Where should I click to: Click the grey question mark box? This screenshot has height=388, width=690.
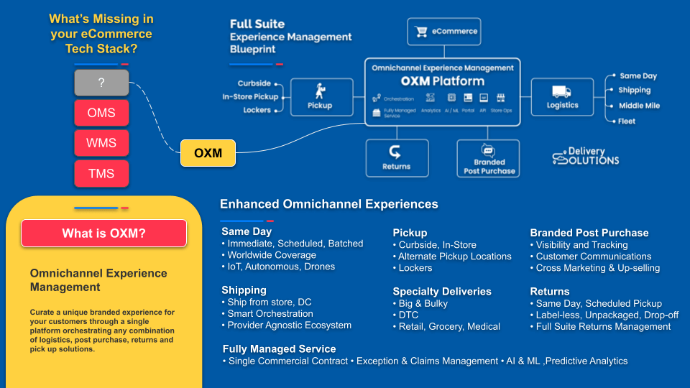coord(101,83)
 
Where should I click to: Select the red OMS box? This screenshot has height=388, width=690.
coord(101,113)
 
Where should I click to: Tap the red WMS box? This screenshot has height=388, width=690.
coord(101,143)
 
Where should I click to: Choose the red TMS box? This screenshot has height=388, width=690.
coord(101,173)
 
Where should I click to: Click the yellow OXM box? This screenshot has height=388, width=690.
coord(208,153)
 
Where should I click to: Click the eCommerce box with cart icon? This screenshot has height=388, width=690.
coord(444,32)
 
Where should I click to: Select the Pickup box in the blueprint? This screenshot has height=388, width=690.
coord(320,97)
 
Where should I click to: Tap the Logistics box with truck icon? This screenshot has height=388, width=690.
coord(562,97)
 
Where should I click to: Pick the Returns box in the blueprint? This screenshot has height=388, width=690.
coord(397,158)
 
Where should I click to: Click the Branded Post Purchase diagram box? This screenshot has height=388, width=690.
coord(489,158)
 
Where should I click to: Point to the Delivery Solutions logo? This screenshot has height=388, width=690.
coord(586,156)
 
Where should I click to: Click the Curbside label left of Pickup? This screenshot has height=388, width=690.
coord(254,83)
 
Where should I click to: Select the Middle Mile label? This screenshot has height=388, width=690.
coord(639,106)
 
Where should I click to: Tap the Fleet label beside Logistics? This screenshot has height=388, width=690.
coord(627,121)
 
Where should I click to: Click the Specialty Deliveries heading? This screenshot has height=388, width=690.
coord(442,291)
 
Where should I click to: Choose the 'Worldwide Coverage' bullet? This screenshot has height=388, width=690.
coord(271,255)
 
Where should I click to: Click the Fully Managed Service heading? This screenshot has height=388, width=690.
coord(280,348)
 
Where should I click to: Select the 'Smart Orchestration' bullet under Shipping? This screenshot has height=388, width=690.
coord(270,313)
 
